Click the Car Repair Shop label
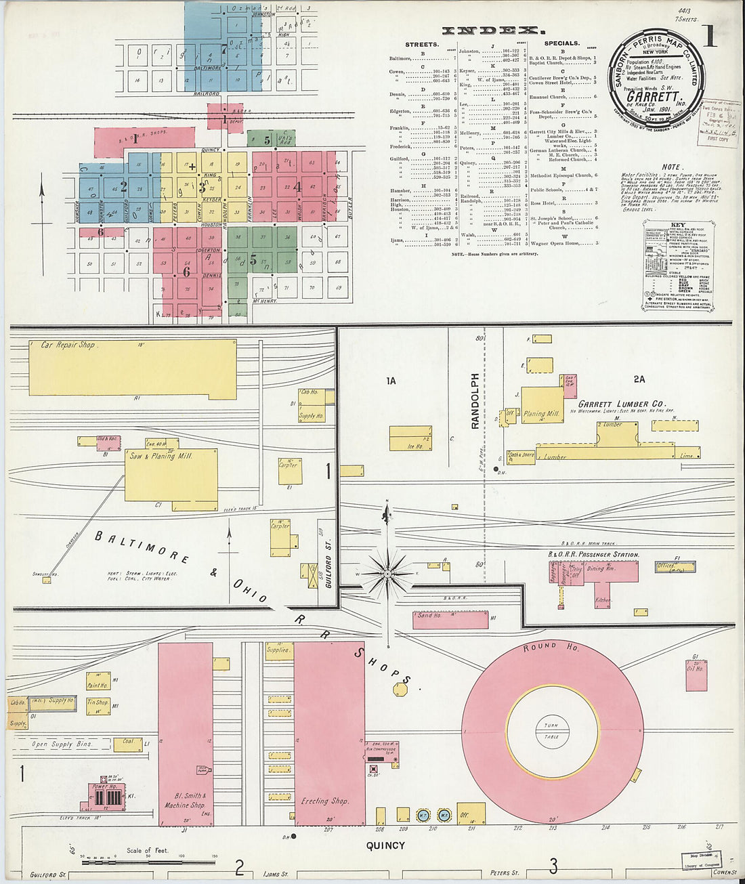tap(68, 345)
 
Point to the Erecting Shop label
tap(325, 801)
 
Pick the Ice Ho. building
tap(410, 438)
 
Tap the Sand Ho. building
tap(450, 619)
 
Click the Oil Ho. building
tap(696, 672)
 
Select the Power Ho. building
tap(103, 797)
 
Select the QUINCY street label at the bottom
tap(385, 845)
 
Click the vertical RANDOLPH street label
tap(475, 400)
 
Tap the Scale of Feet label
tap(147, 850)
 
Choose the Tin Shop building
tap(98, 703)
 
